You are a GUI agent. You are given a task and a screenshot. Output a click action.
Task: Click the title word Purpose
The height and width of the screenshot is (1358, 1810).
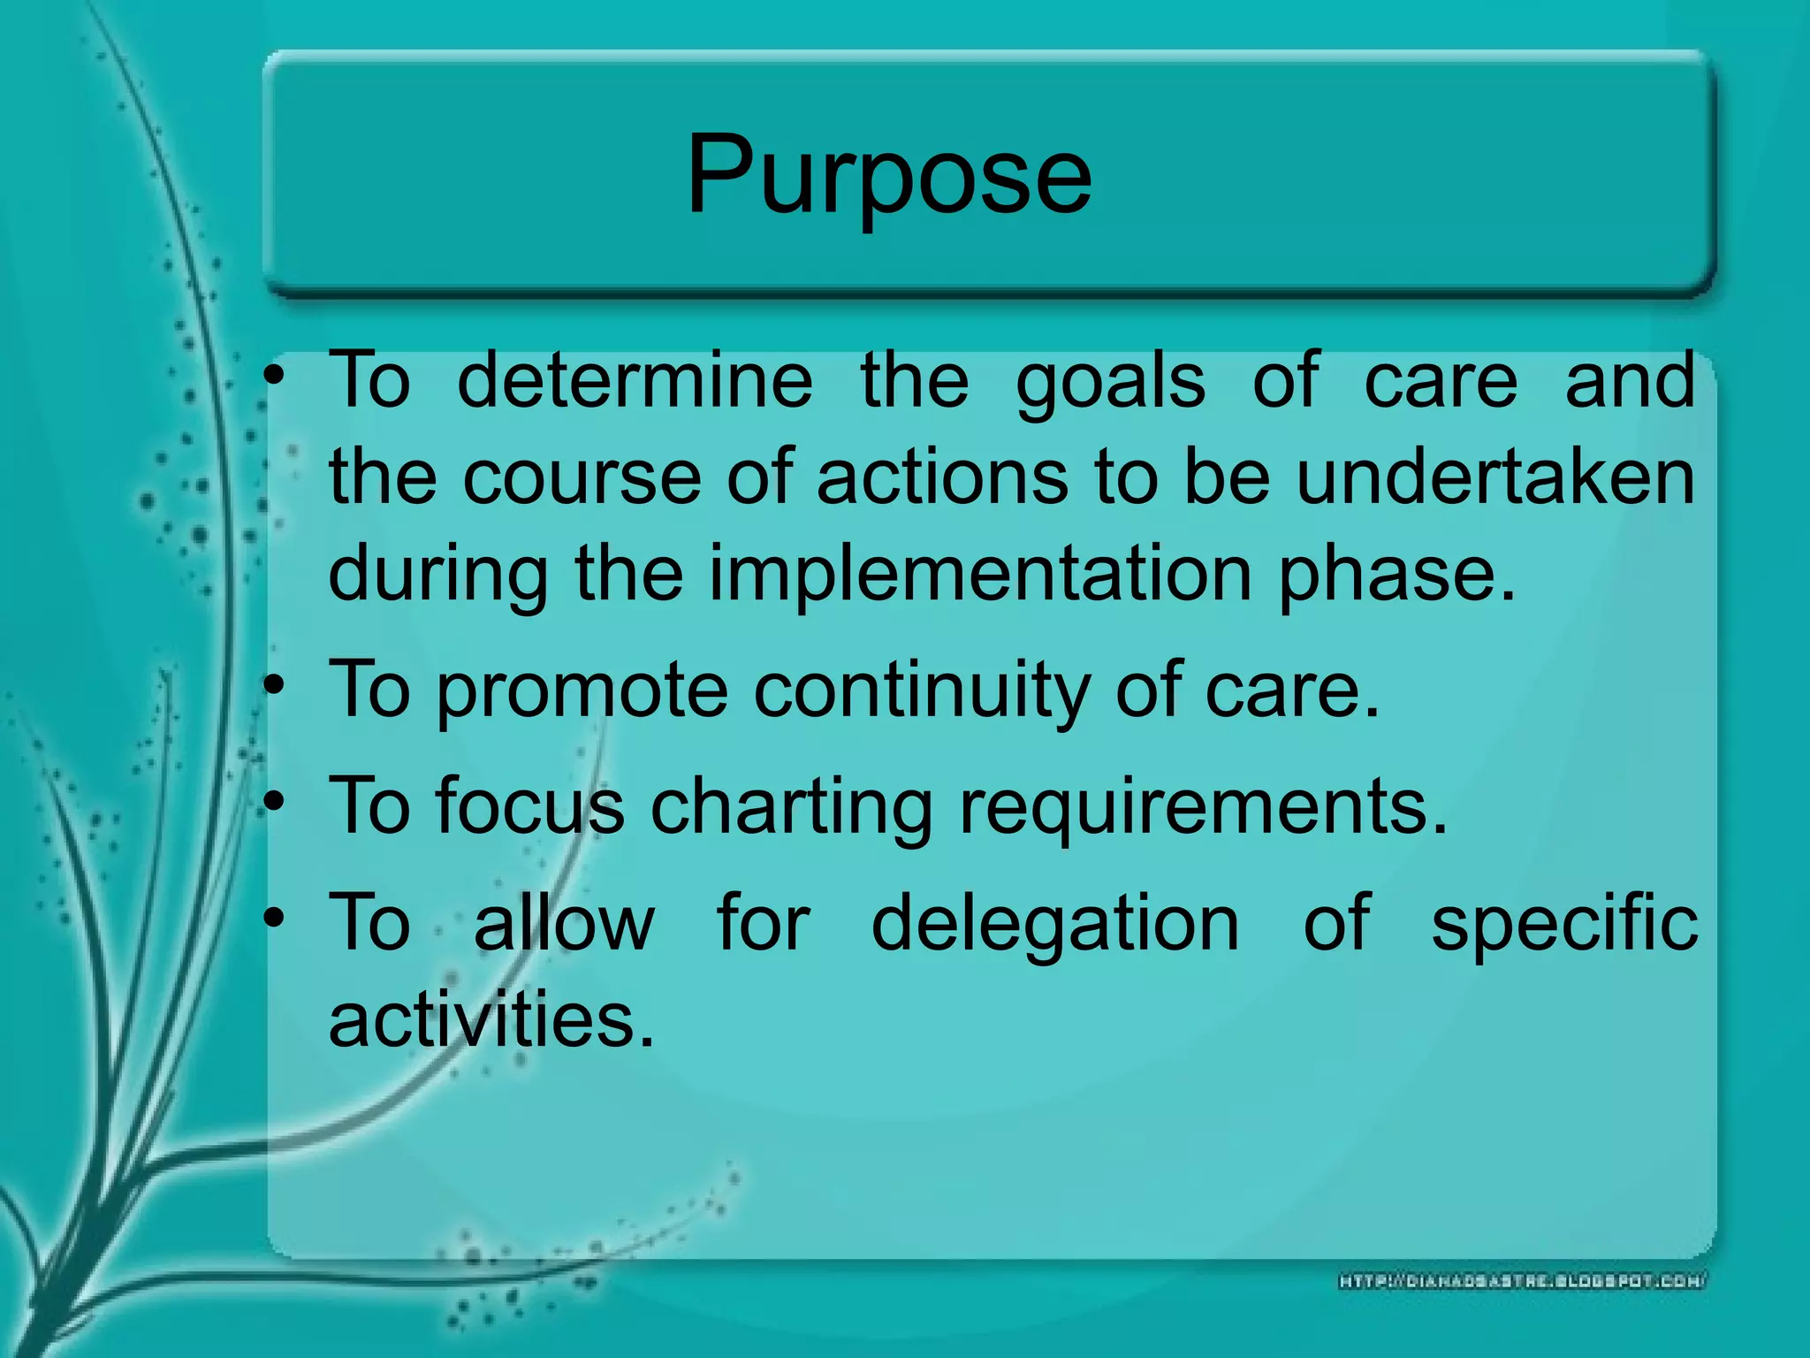pos(888,175)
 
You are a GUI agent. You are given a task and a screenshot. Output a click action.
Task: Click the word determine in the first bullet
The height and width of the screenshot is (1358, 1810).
pos(635,380)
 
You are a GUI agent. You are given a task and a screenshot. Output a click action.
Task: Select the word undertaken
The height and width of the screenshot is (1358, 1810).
pos(1494,478)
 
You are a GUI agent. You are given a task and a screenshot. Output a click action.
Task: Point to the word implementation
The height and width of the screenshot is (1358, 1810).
pos(980,575)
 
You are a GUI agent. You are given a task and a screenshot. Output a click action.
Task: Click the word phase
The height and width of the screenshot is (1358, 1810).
pos(1396,575)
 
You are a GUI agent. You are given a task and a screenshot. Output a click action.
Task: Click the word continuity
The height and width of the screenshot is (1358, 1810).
pos(921,690)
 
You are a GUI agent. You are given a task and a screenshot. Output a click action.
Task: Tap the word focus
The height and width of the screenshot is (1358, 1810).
pos(529,805)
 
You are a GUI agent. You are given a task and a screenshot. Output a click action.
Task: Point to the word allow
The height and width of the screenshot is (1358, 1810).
pos(564,922)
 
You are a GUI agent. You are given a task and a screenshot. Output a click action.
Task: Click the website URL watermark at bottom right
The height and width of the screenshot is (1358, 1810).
pos(1523,1280)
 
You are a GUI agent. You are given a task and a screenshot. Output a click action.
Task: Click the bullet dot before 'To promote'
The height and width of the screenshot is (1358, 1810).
pos(276,685)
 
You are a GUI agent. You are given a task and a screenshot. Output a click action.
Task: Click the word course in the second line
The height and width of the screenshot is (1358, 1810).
pos(582,478)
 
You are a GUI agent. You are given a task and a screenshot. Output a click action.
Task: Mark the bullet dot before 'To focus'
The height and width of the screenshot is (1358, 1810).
pos(276,801)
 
